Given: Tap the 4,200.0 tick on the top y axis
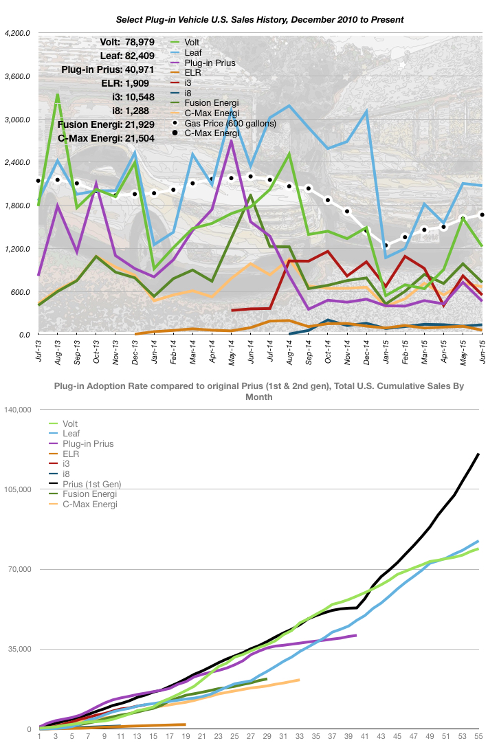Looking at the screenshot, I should tap(17, 33).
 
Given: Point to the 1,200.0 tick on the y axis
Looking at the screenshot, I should tap(17, 248).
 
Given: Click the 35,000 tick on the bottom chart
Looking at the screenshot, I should tap(21, 649).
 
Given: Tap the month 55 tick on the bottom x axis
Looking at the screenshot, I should tap(478, 737).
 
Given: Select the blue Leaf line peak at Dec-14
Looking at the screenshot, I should tap(367, 111).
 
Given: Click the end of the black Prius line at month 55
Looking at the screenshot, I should tap(478, 454).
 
